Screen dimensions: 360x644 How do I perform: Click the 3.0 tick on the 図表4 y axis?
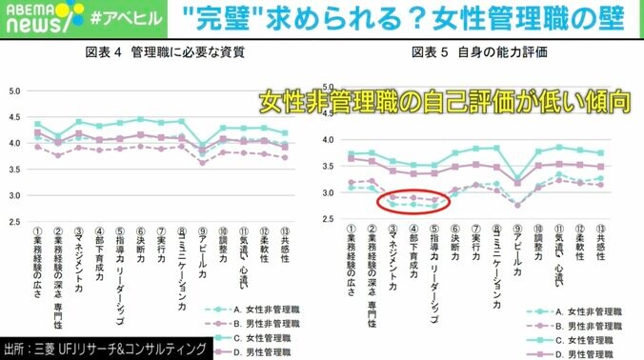point(15,195)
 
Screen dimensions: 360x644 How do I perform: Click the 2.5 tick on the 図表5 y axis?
point(329,220)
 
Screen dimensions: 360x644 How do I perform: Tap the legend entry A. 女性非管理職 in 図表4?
point(255,283)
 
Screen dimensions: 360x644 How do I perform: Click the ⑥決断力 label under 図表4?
point(141,245)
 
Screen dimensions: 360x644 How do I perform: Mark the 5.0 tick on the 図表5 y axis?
point(329,87)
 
